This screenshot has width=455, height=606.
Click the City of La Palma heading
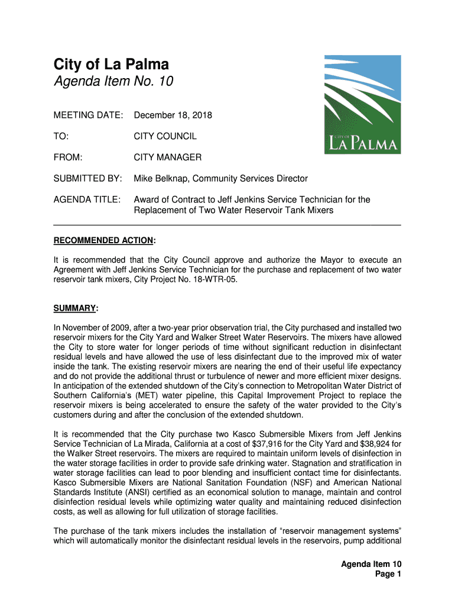(x=111, y=64)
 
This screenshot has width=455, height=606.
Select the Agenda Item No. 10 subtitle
(x=113, y=82)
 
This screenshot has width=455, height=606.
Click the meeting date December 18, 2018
(x=173, y=115)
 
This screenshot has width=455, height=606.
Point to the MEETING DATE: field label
(x=88, y=115)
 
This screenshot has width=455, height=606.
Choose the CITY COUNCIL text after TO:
(x=165, y=136)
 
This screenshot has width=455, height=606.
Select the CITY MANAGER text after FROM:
(x=167, y=157)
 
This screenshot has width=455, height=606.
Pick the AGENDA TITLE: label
(x=87, y=199)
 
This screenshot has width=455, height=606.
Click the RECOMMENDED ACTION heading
(x=104, y=240)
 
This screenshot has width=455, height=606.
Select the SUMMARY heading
(x=75, y=308)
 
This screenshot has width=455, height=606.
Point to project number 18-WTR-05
(x=215, y=279)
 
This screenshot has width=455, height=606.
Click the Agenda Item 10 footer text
(x=371, y=564)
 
